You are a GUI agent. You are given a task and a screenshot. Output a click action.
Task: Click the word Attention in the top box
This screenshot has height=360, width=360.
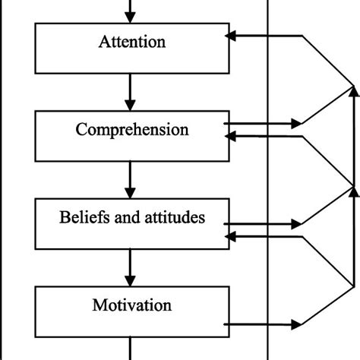click(x=131, y=42)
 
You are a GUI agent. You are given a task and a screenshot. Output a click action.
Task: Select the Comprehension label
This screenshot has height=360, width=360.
click(x=131, y=129)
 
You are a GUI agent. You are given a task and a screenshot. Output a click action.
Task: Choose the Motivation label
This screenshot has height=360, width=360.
click(x=131, y=306)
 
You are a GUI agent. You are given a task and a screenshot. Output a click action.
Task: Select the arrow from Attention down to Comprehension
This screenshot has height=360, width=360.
click(x=131, y=87)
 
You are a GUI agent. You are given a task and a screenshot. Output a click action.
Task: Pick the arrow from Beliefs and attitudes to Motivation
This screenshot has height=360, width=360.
click(x=131, y=264)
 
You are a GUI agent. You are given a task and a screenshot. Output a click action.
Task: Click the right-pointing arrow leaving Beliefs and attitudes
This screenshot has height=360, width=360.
click(x=262, y=224)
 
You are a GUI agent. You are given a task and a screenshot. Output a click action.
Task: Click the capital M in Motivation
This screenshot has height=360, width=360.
click(x=98, y=306)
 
